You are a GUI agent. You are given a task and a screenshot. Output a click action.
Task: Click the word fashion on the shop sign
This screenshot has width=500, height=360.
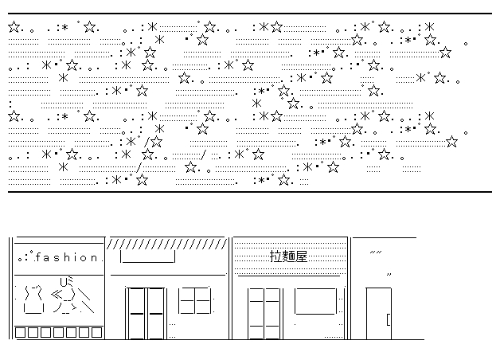click(x=70, y=258)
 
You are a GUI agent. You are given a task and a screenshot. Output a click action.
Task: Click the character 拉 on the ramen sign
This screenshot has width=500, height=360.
click(x=277, y=256)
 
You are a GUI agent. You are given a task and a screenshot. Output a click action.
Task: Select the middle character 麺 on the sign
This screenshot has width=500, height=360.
click(x=289, y=256)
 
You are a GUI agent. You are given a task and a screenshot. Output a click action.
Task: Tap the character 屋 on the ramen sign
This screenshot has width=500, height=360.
click(x=301, y=256)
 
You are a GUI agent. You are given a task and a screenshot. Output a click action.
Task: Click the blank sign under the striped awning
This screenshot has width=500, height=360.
click(x=147, y=257)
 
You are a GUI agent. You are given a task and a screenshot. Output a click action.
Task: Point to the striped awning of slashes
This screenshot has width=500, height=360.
click(x=166, y=242)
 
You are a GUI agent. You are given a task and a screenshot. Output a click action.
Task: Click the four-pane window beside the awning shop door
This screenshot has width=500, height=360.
click(x=195, y=300)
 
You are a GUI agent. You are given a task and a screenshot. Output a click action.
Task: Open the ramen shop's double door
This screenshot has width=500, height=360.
click(x=265, y=312)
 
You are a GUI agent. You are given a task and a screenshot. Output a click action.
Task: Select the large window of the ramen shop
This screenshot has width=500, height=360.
click(x=316, y=302)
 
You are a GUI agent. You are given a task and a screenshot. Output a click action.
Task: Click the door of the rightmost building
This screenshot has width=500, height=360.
click(x=378, y=312)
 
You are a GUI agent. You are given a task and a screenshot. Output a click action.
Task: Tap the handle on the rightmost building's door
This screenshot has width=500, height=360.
click(x=388, y=319)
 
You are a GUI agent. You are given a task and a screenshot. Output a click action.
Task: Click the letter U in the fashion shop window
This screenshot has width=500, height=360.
click(x=64, y=280)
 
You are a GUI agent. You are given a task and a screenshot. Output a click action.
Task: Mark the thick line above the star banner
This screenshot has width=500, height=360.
click(x=249, y=14)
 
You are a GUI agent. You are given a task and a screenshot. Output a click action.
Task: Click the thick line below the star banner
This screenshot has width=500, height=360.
click(x=249, y=192)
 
